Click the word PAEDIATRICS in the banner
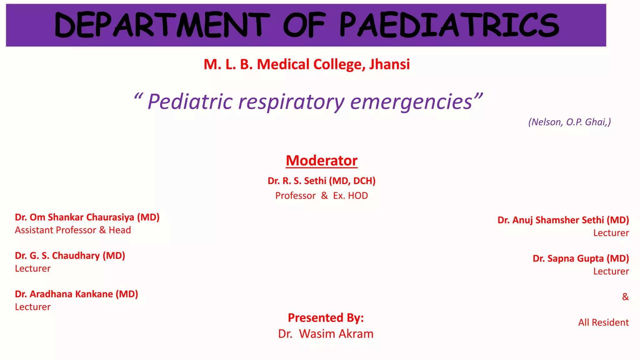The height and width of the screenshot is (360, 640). tap(449, 25)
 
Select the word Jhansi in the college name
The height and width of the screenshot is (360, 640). tap(389, 64)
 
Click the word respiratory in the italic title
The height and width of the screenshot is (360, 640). tap(291, 102)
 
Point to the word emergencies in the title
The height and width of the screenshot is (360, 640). tap(411, 102)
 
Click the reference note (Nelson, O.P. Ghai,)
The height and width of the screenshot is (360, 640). tap(569, 122)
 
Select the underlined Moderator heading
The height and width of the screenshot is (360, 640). tap(322, 161)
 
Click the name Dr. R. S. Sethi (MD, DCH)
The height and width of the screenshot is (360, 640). tap(322, 181)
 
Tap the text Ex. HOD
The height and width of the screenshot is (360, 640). tap(350, 196)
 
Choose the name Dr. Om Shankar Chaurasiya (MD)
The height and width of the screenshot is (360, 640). tap(87, 217)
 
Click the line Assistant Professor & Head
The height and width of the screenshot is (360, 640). tap(73, 230)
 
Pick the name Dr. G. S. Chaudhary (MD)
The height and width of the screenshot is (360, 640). tap(70, 256)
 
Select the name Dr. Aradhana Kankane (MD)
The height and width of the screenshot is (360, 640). tap(77, 294)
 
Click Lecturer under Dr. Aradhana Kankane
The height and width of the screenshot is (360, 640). tap(33, 307)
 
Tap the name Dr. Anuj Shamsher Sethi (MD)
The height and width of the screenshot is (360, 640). tap(563, 220)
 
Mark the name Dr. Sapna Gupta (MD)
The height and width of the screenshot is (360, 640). tap(581, 258)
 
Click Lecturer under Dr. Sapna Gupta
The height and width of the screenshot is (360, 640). tap(611, 271)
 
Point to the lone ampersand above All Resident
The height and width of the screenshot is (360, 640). tap(625, 297)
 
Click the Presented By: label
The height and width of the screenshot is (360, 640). tap(326, 318)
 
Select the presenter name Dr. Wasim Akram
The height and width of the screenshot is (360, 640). tap(326, 334)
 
